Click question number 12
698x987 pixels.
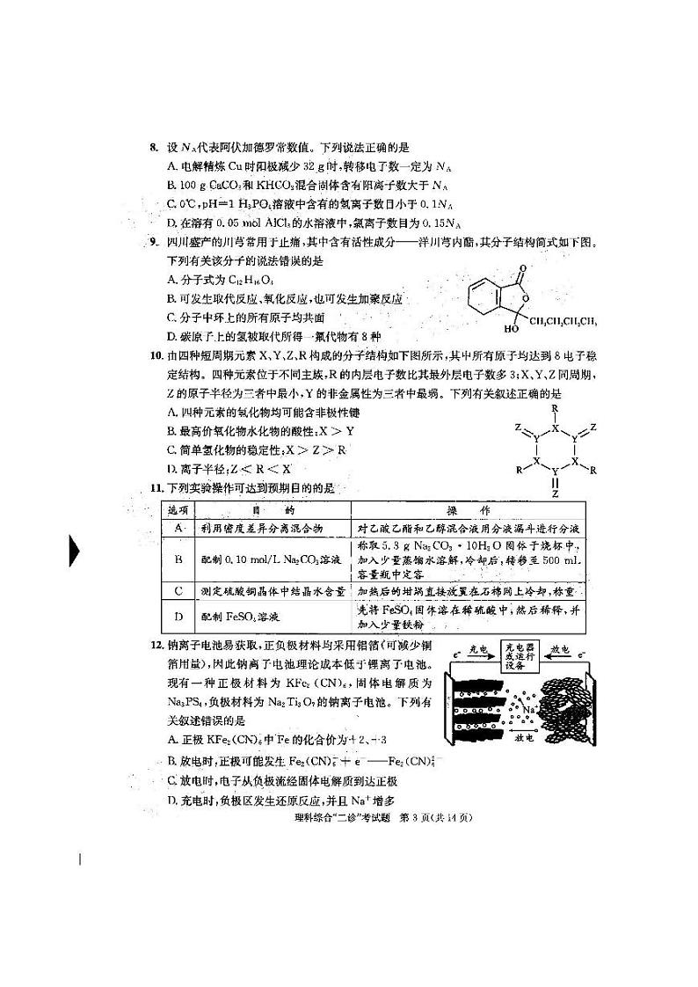click(x=155, y=645)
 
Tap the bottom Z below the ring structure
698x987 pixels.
click(x=555, y=494)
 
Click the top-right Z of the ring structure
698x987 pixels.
click(x=593, y=426)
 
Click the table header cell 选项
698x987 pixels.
click(x=178, y=509)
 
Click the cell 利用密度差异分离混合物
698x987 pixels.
click(x=255, y=528)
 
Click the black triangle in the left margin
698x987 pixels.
click(x=75, y=552)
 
